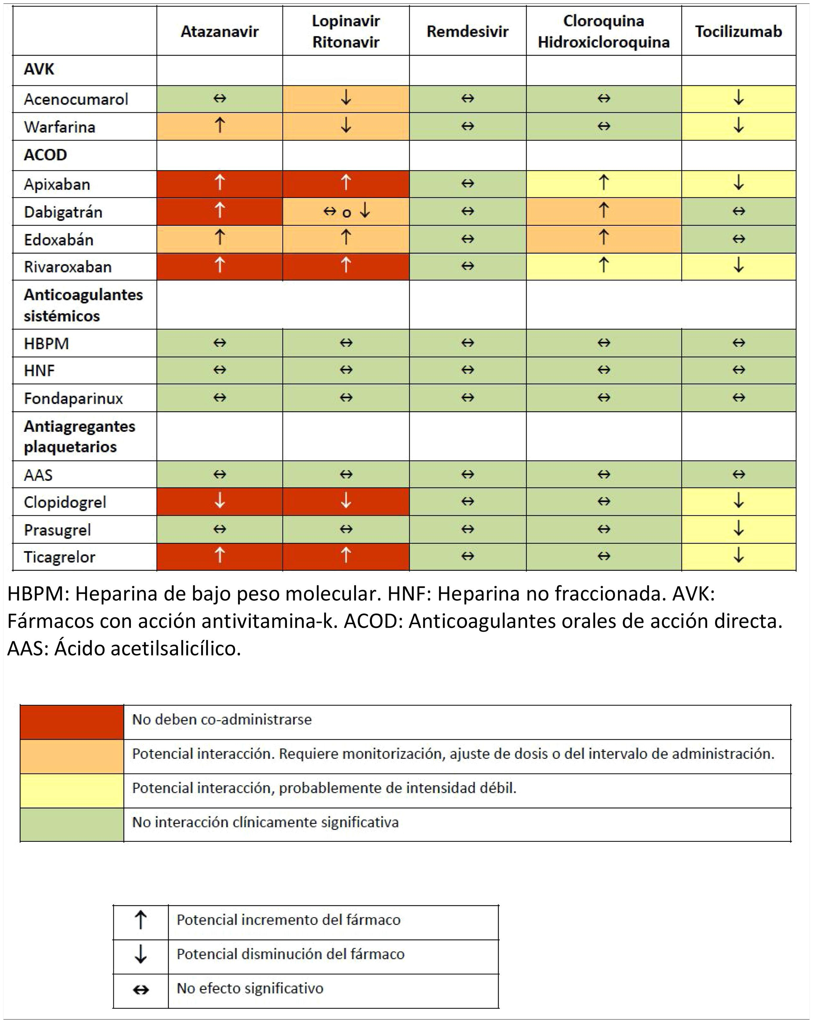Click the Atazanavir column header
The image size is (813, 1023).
coord(219,32)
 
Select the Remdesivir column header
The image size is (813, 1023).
coord(467,32)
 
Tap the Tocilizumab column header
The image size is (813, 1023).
coord(738,32)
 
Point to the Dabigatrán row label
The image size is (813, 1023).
coord(63,212)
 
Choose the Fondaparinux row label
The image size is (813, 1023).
coord(74,399)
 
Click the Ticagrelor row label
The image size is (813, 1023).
coord(60,557)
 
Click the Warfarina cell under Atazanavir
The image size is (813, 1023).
coord(219,126)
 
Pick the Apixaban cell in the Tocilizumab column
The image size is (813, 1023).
coord(738,184)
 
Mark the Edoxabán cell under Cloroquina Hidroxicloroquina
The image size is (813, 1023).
coord(604,239)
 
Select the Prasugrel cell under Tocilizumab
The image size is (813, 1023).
coord(738,529)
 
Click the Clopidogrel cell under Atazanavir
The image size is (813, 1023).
coord(219,502)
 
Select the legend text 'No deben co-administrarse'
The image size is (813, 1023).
coord(221,720)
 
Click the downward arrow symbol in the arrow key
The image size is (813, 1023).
coord(141,954)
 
